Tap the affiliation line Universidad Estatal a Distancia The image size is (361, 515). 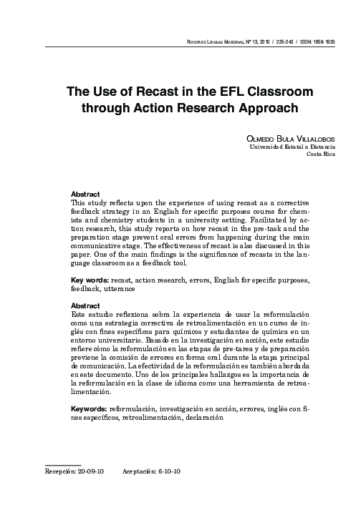click(292, 147)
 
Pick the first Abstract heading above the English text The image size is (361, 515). click(86, 195)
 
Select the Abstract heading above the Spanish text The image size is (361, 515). click(86, 305)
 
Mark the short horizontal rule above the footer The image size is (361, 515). click(62, 464)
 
